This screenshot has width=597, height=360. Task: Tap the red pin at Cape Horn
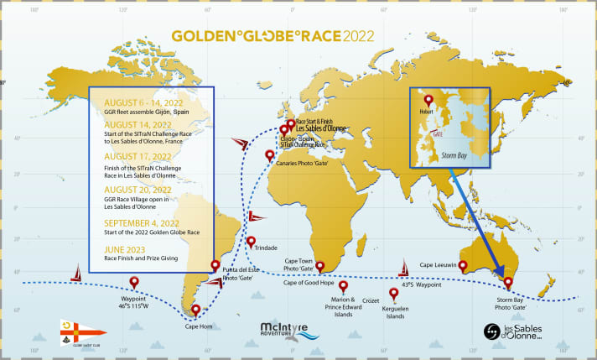(195, 310)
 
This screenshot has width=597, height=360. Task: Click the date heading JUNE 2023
(127, 249)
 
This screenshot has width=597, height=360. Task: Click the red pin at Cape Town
(320, 266)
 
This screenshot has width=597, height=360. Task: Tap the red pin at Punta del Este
(215, 265)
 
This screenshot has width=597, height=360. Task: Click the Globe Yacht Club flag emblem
(71, 329)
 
